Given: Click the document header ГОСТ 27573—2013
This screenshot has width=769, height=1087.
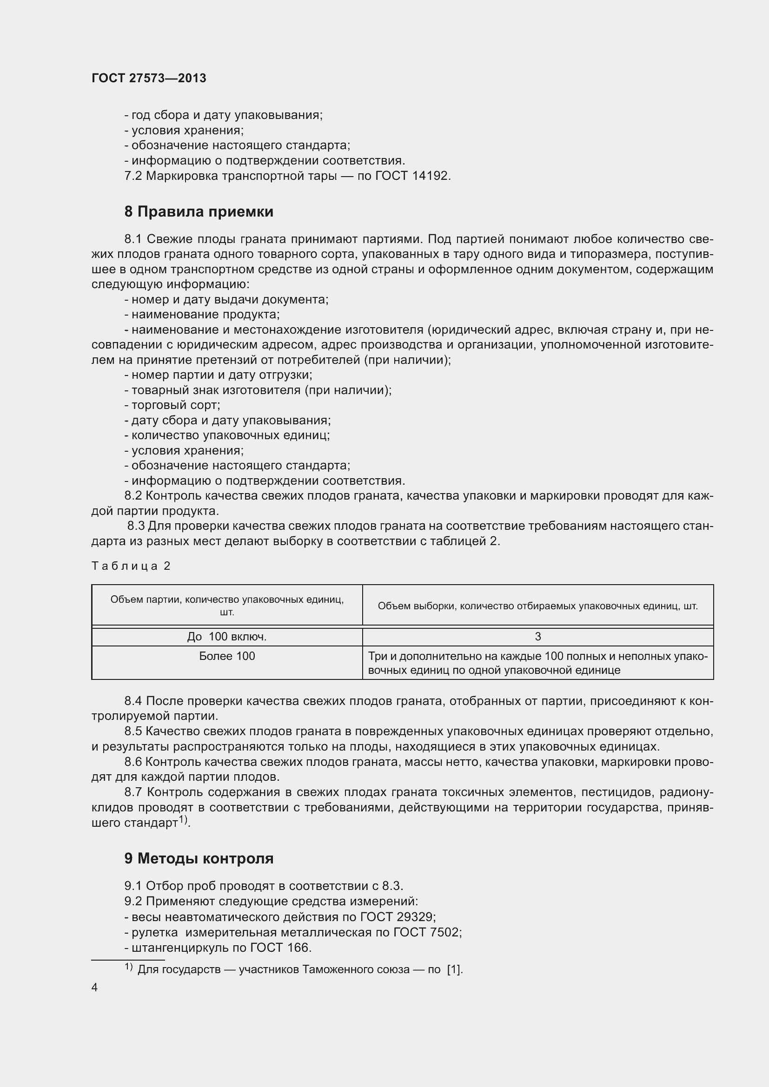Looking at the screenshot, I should (x=149, y=78).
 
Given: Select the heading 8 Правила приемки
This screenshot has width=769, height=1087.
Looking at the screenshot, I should (x=199, y=211).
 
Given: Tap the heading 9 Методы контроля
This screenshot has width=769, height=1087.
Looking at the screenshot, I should (x=199, y=858).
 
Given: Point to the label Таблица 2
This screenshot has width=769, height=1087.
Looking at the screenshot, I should (x=131, y=566).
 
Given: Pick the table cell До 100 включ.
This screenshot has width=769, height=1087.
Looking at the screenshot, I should (x=227, y=637).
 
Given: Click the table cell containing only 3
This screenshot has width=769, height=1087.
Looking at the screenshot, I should (x=537, y=637).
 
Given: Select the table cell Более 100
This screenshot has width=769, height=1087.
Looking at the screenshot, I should (x=227, y=657).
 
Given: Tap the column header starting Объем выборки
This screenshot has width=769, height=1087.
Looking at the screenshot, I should (x=537, y=606).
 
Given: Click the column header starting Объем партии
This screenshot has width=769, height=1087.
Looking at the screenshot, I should (x=227, y=606).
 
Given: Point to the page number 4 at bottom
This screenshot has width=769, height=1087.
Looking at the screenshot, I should (x=95, y=987).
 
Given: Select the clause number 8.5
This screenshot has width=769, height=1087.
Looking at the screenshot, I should (x=133, y=731).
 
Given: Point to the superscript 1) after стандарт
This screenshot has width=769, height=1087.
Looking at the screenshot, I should (x=183, y=820).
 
